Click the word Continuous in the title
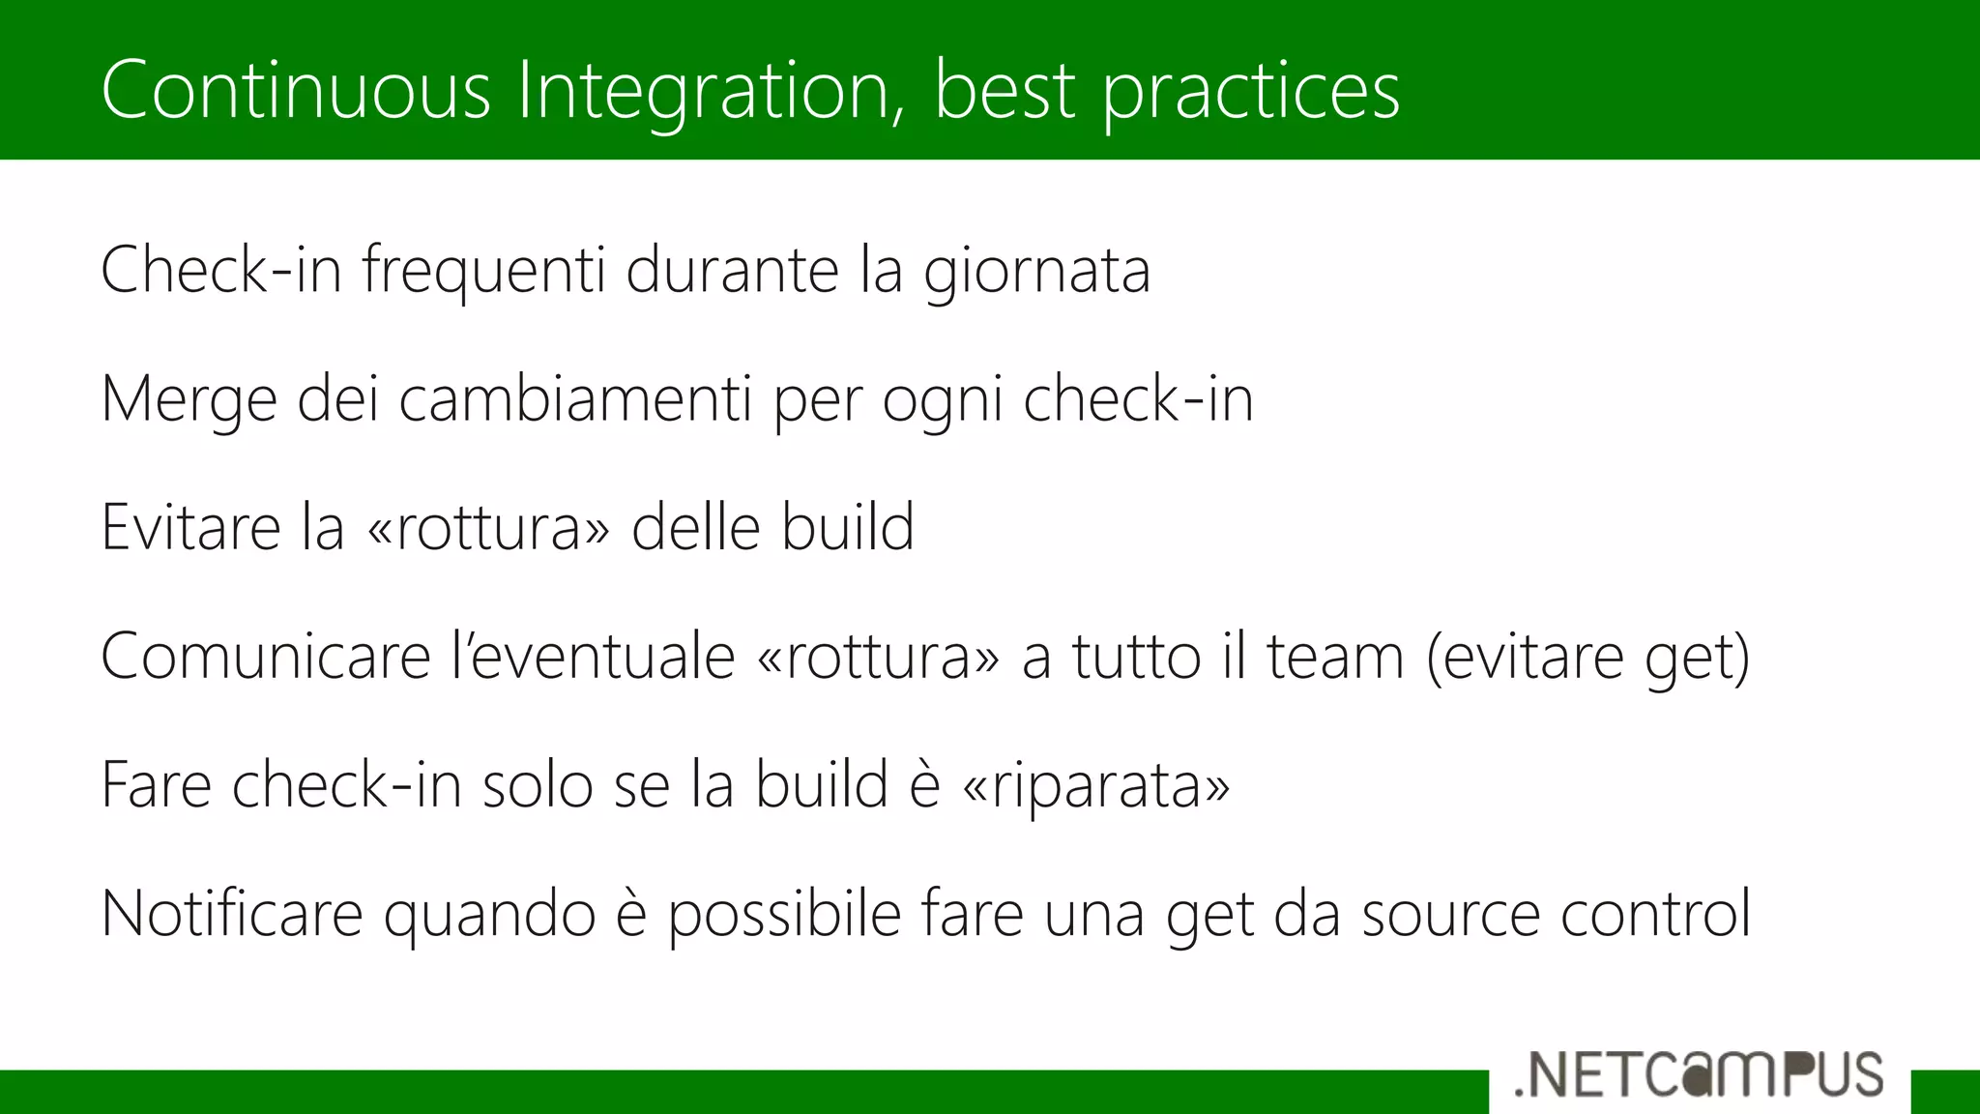[x=296, y=90]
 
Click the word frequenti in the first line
[x=483, y=271]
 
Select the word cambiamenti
[x=574, y=399]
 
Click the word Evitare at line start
[x=189, y=528]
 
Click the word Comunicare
[x=265, y=658]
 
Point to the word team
[x=1334, y=658]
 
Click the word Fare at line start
[x=155, y=785]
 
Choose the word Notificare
[x=231, y=914]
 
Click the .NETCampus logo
[x=1699, y=1074]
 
